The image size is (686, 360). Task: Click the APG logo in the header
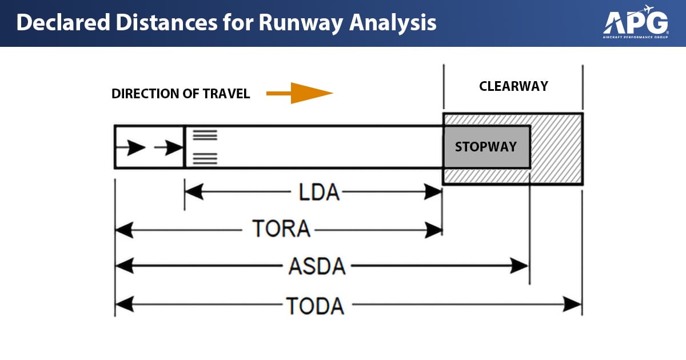click(x=636, y=22)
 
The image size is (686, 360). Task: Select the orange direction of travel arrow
click(x=300, y=93)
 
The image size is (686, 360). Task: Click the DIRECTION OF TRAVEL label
click(x=181, y=94)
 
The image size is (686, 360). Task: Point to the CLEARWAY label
click(x=513, y=86)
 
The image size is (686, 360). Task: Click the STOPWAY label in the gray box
click(x=485, y=147)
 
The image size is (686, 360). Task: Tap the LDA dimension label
click(x=319, y=193)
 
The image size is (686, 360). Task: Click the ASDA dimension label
click(x=317, y=266)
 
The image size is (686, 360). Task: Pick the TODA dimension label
click(x=315, y=306)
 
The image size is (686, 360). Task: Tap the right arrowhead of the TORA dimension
click(x=434, y=230)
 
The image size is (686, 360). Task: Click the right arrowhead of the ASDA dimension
click(x=519, y=266)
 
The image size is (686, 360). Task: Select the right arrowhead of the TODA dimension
click(x=573, y=305)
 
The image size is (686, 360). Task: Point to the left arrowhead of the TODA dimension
click(x=124, y=305)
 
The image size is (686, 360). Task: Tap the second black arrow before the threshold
click(x=169, y=148)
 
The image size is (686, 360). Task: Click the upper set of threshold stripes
click(x=205, y=135)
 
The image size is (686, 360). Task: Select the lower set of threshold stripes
click(x=205, y=159)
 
